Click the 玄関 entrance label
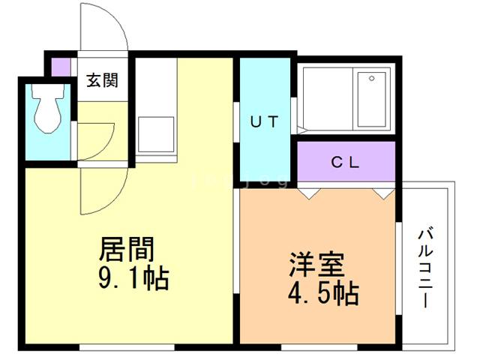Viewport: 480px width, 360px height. [102, 80]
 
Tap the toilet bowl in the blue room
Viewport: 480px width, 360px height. [48, 109]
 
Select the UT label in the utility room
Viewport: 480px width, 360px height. [265, 121]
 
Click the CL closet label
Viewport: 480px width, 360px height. [345, 162]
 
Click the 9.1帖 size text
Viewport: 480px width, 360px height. [133, 278]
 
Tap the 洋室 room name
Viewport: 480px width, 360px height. [316, 264]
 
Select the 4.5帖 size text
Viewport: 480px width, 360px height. [323, 293]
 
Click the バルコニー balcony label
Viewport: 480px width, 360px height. [425, 268]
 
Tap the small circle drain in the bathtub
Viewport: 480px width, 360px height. [372, 78]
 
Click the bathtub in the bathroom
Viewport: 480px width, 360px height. [371, 99]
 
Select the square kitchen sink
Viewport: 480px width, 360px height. [156, 134]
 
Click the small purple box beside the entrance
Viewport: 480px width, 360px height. [61, 67]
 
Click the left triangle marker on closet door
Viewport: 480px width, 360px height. [309, 194]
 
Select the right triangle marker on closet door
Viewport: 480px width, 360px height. [384, 194]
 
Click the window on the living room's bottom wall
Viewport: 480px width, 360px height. [127, 347]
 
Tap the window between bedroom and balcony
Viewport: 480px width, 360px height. [398, 268]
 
